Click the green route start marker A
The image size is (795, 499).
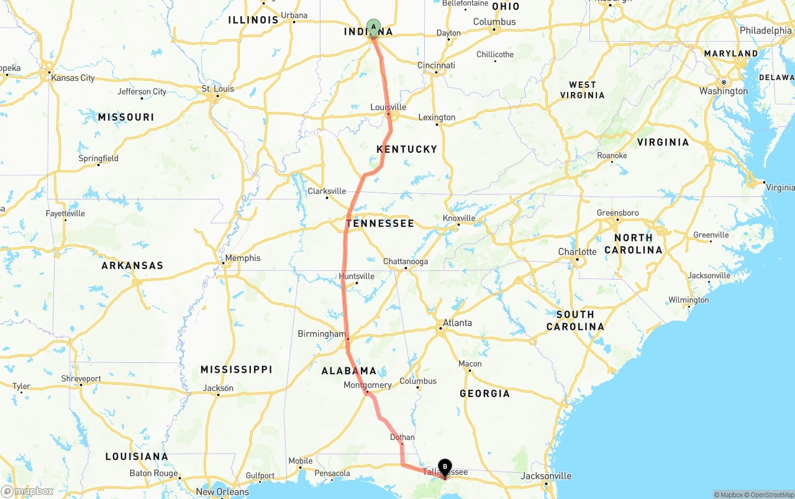[x=373, y=27]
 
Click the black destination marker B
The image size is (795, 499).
[x=445, y=467]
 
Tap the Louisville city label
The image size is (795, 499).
[x=388, y=107]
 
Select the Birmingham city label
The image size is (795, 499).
[x=321, y=334]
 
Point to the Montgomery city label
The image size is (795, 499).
[x=368, y=385]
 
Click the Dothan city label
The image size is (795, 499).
[x=402, y=437]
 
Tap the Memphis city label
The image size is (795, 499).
[x=243, y=258]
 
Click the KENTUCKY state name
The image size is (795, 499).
[x=407, y=149]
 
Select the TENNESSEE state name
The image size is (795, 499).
[x=380, y=223]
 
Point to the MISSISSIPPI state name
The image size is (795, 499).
[x=236, y=370]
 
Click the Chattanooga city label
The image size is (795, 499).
[x=406, y=261]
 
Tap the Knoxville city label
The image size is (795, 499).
[x=459, y=218]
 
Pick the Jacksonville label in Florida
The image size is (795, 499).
[x=547, y=476]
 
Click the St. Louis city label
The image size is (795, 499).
[x=218, y=89]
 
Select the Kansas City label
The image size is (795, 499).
[x=73, y=78]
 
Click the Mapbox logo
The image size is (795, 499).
[x=27, y=491]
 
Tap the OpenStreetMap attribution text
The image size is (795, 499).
[x=771, y=495]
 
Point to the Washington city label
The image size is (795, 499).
[x=724, y=91]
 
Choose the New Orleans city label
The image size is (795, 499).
[x=222, y=492]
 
